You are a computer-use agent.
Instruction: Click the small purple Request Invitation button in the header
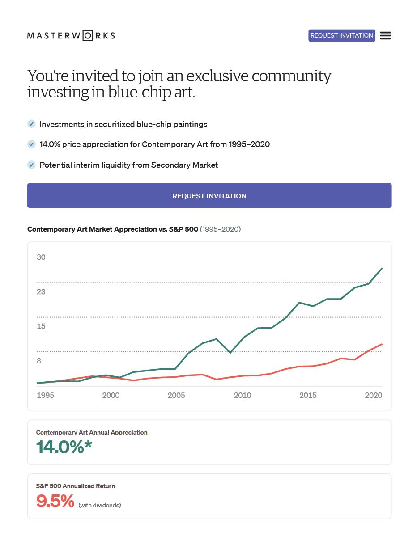click(x=341, y=35)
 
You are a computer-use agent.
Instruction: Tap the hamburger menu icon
click(x=385, y=36)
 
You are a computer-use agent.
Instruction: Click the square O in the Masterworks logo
click(x=88, y=36)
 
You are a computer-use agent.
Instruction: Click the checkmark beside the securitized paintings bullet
click(x=31, y=124)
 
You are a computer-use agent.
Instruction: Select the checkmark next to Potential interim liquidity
click(x=31, y=165)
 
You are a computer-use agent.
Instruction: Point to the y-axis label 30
click(x=41, y=257)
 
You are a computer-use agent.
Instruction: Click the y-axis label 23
click(x=41, y=292)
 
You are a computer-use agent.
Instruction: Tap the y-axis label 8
click(x=39, y=361)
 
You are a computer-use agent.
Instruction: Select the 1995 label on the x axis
click(x=45, y=395)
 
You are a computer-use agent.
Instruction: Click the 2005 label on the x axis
click(x=176, y=395)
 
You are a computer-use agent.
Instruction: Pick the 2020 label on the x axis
click(x=373, y=395)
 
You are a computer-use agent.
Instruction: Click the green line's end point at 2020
click(x=382, y=268)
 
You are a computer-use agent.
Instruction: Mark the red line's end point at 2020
click(x=382, y=344)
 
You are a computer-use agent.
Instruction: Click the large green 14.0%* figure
click(x=64, y=447)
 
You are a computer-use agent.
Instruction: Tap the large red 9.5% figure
click(x=55, y=501)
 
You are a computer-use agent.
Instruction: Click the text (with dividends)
click(x=100, y=505)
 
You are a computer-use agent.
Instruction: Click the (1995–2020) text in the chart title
click(x=220, y=229)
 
